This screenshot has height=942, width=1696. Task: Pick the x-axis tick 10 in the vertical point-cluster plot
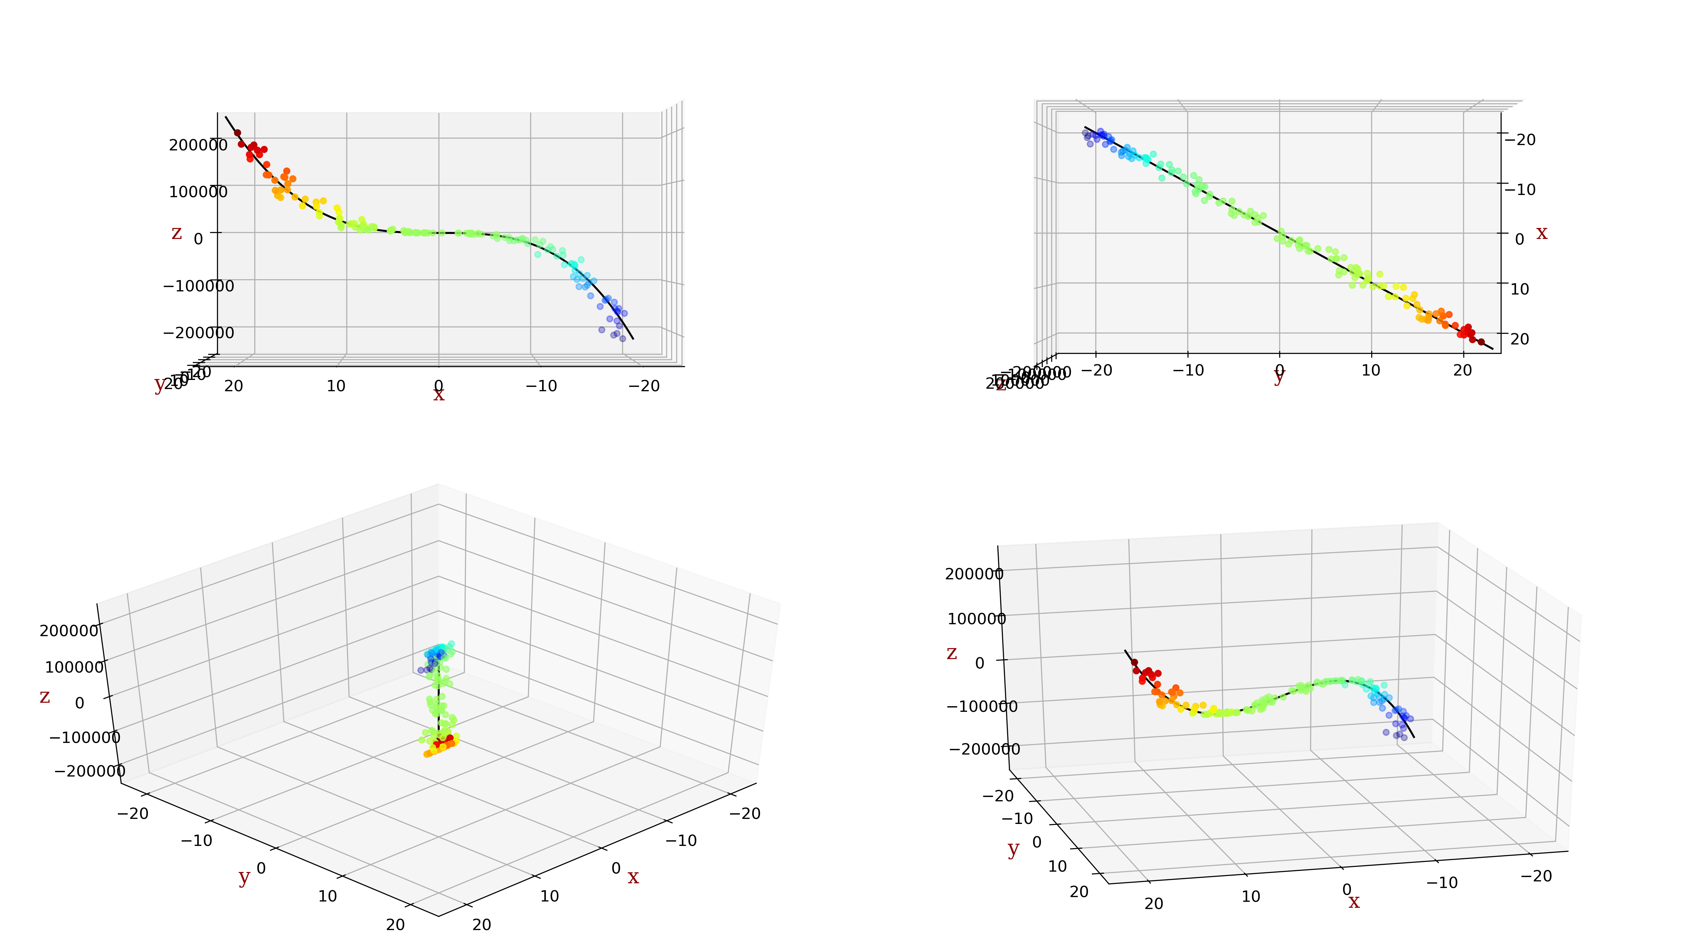(549, 896)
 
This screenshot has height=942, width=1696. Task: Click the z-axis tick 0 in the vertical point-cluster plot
(80, 703)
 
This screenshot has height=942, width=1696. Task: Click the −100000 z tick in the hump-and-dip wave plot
(982, 706)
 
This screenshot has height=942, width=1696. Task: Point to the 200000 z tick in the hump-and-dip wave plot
(974, 574)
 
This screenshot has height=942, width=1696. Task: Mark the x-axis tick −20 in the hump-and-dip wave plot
(1537, 876)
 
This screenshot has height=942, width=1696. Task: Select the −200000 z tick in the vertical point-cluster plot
(90, 771)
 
